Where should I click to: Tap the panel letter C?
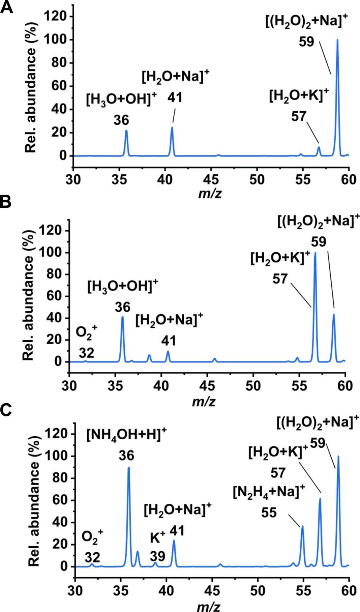tap(6, 410)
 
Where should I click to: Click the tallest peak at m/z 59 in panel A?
tap(337, 40)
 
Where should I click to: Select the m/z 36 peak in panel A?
tap(126, 131)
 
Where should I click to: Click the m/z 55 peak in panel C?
tap(302, 527)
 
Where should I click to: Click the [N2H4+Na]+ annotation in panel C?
tap(269, 492)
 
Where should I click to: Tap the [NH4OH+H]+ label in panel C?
tap(126, 434)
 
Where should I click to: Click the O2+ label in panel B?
tap(86, 332)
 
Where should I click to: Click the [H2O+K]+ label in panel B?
tap(280, 258)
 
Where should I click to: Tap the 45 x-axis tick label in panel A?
tap(211, 179)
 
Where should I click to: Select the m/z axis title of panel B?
tap(204, 401)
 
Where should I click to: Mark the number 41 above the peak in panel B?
tap(168, 341)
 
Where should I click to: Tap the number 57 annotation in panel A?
tap(299, 117)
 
